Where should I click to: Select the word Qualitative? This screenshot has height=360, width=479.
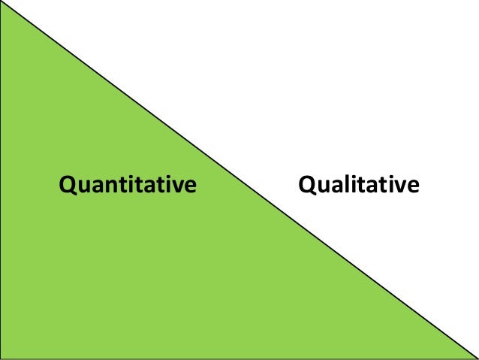(358, 184)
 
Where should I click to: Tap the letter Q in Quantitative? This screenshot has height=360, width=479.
(67, 184)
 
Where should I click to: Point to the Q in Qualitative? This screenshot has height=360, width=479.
(307, 184)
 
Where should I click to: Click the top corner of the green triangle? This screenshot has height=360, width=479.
(3, 2)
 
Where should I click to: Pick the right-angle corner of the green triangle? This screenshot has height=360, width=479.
(2, 358)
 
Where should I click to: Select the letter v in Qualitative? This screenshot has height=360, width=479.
(399, 186)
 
